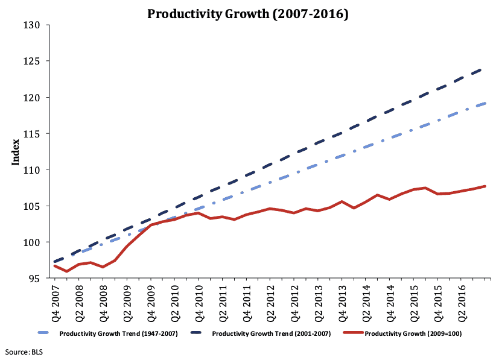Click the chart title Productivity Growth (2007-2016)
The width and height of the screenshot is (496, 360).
pos(248,13)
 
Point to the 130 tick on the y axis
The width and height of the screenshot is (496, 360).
pos(32,25)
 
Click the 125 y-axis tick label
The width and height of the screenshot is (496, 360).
pos(32,61)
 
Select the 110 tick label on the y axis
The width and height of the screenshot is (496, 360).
pos(32,170)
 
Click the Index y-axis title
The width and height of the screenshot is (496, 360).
pos(16,152)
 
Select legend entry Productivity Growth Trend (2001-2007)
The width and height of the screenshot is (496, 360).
pos(269,333)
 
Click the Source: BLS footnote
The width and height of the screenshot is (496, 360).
pos(21,350)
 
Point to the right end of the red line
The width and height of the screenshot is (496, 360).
pos(485,186)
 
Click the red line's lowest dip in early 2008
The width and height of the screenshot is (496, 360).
pos(66,271)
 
